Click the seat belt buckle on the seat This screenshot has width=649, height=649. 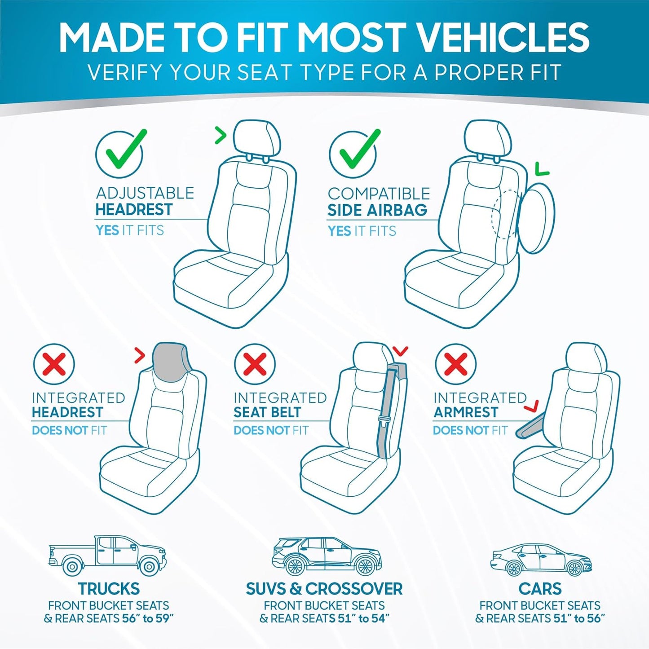pyautogui.click(x=384, y=421)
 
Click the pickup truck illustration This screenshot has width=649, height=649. pyautogui.click(x=108, y=555)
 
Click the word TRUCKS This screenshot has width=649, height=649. pyautogui.click(x=109, y=588)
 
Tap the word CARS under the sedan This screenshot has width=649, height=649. pyautogui.click(x=540, y=588)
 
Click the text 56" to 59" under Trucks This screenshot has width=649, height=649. pyautogui.click(x=148, y=618)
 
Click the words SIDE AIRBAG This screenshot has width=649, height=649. pyautogui.click(x=377, y=210)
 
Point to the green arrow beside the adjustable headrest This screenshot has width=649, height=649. pyautogui.click(x=221, y=135)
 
